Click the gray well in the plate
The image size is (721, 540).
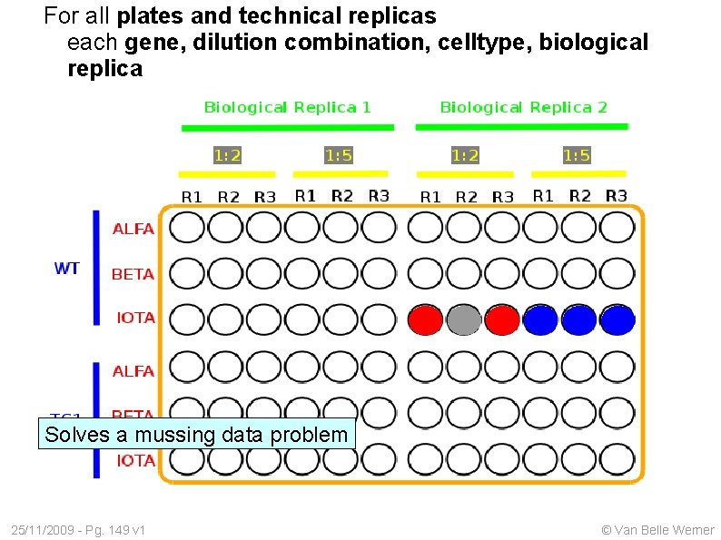pos(464,319)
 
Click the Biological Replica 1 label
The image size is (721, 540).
pos(287,107)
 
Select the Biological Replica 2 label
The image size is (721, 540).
pos(523,107)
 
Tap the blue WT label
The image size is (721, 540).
pos(67,269)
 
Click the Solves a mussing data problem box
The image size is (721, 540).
pos(196,435)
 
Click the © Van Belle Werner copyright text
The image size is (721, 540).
pos(657,530)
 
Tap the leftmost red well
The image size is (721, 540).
pos(425,319)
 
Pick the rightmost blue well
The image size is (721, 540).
pos(617,319)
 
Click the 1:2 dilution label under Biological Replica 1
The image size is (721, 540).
pos(227,155)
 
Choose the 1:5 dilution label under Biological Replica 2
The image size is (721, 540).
pos(577,155)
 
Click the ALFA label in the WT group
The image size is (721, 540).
pos(133,229)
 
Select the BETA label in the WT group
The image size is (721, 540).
pos(133,273)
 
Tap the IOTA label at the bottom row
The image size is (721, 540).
pos(136,461)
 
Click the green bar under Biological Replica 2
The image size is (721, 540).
pos(523,126)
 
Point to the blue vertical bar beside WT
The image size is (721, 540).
pos(96,268)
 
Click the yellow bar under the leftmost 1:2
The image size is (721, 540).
pos(226,173)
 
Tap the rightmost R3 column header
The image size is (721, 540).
pos(616,195)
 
